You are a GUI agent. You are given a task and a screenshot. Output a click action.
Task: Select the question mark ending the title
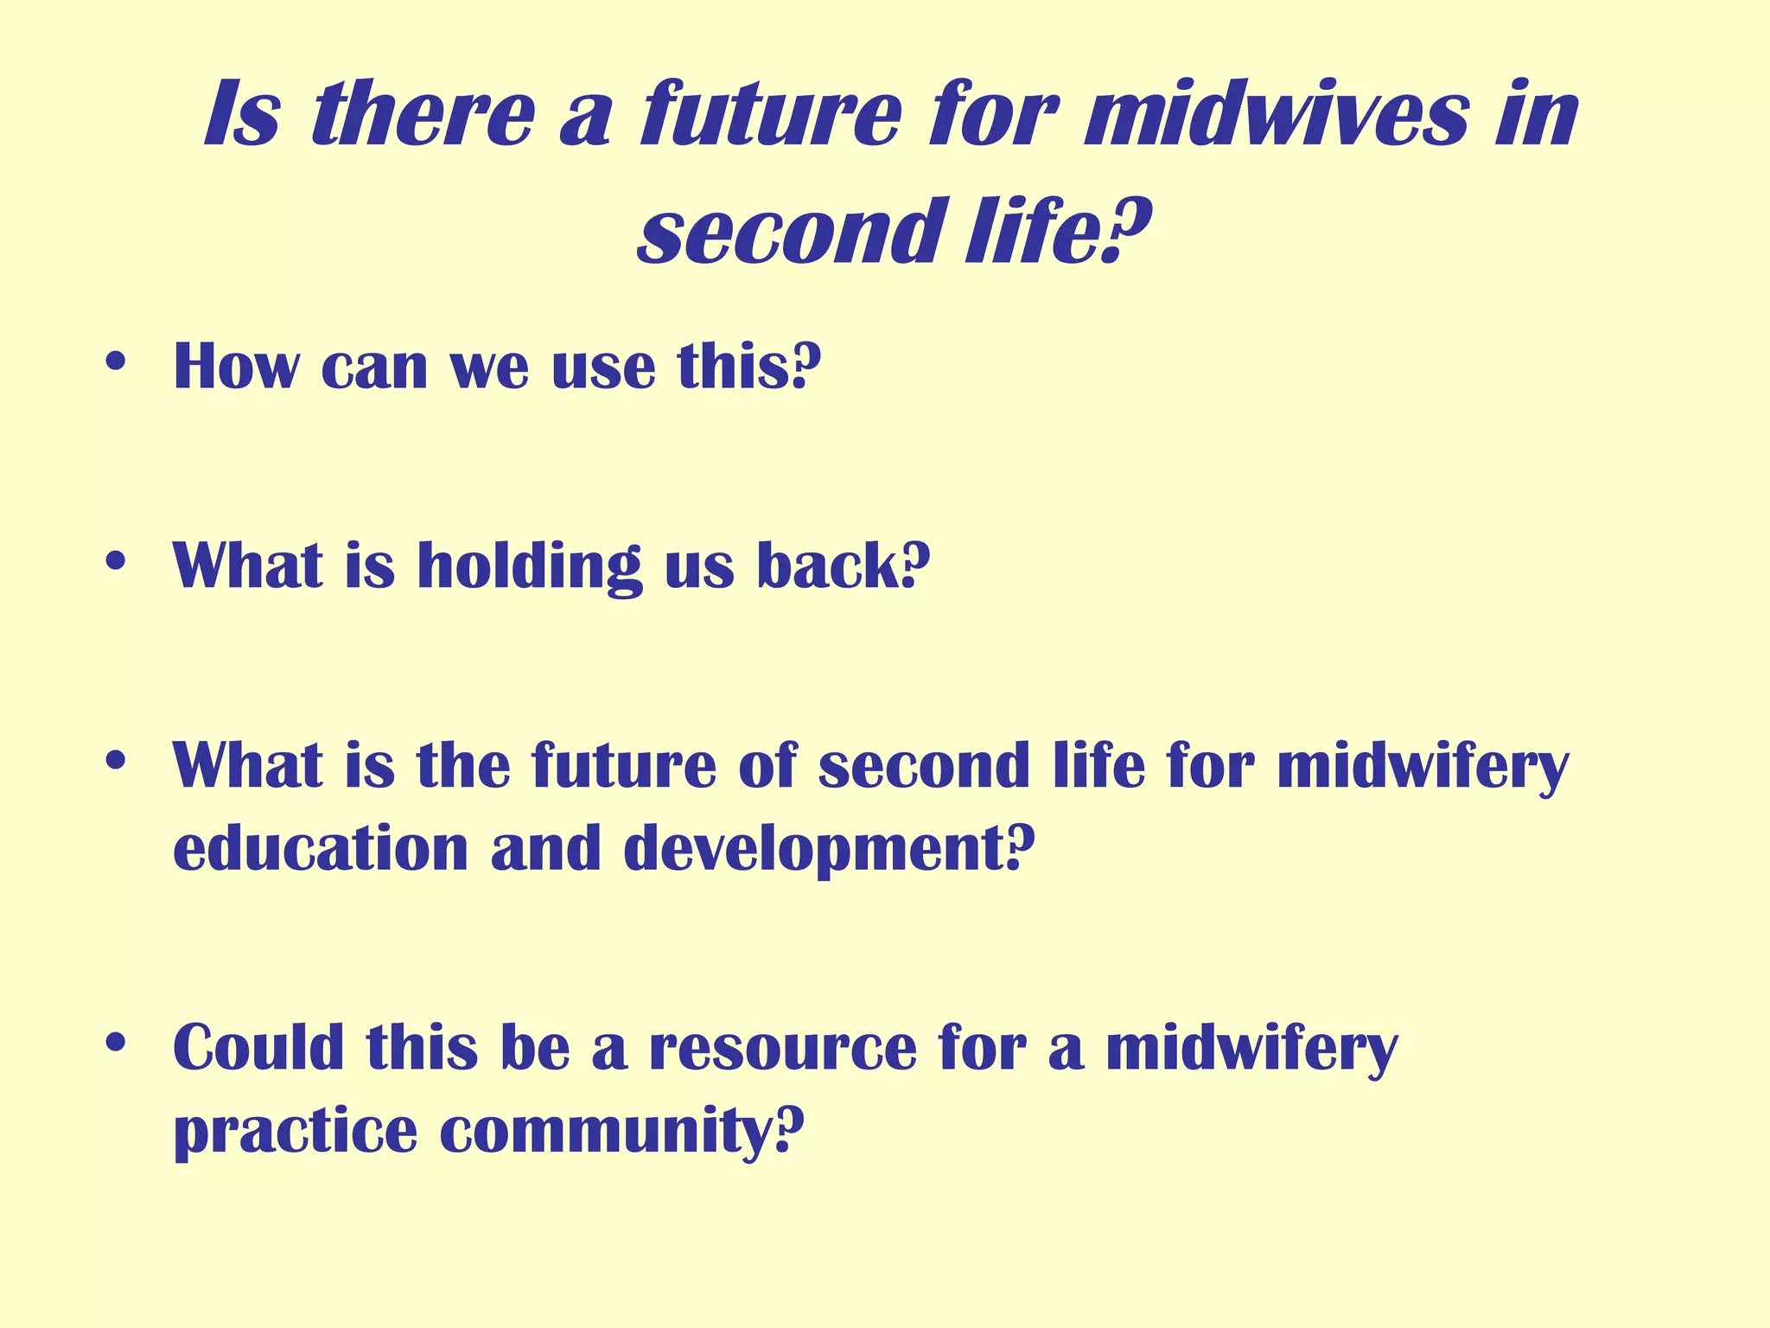(1129, 230)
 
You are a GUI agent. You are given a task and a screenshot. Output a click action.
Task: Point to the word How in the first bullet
(236, 367)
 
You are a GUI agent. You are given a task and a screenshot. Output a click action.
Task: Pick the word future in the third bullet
(623, 765)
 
